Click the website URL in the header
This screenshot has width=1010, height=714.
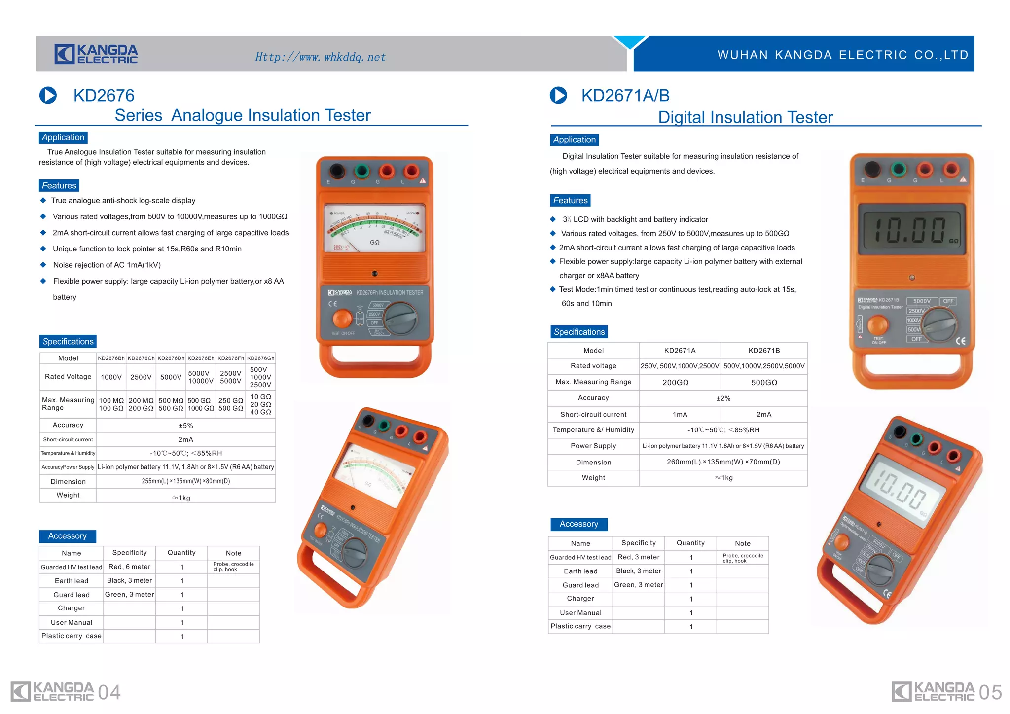tap(320, 57)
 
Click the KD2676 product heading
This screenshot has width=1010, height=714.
tap(104, 95)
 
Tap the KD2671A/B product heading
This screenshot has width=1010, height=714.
tap(625, 95)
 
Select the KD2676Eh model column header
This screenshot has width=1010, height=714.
tap(201, 358)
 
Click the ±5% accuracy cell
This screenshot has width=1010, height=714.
tap(185, 426)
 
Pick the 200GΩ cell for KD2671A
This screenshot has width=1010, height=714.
tap(675, 383)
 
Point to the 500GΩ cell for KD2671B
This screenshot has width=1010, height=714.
tap(764, 383)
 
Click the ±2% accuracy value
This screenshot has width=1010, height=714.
tap(723, 398)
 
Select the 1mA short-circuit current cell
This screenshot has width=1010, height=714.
tap(680, 415)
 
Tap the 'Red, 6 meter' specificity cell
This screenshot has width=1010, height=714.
tap(129, 567)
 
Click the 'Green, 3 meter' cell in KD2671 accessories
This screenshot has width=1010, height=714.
tap(638, 585)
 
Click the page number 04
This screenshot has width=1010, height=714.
tap(109, 693)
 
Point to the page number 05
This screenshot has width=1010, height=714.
tap(990, 693)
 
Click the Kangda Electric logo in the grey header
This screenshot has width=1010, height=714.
tap(96, 54)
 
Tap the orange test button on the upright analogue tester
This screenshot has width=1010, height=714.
tap(342, 319)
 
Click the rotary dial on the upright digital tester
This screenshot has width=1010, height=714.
tap(940, 325)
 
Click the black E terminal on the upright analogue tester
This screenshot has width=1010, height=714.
tap(337, 171)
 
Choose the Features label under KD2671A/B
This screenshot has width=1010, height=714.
tap(570, 201)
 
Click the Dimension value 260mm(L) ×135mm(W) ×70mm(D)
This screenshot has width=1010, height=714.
tap(723, 462)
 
